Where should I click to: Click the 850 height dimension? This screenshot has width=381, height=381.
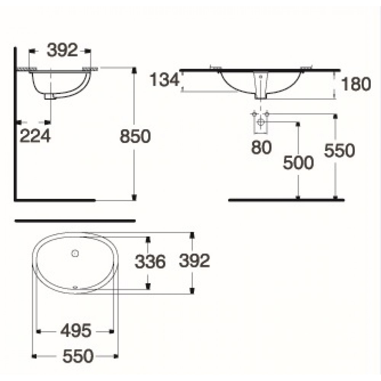pyautogui.click(x=135, y=136)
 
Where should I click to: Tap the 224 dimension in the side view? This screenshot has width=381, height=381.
pyautogui.click(x=35, y=136)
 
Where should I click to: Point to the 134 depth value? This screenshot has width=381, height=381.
pyautogui.click(x=164, y=80)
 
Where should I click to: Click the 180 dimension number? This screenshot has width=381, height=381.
pyautogui.click(x=355, y=84)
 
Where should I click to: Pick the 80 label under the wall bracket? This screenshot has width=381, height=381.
pyautogui.click(x=261, y=147)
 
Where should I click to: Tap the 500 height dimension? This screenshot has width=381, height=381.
pyautogui.click(x=298, y=163)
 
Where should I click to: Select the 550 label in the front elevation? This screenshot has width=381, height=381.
pyautogui.click(x=339, y=151)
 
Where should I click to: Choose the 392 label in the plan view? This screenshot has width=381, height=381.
pyautogui.click(x=194, y=261)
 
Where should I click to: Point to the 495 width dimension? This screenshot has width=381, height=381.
pyautogui.click(x=76, y=331)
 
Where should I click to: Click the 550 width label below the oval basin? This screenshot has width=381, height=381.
pyautogui.click(x=78, y=357)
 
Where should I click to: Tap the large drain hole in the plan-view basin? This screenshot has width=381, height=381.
pyautogui.click(x=75, y=253)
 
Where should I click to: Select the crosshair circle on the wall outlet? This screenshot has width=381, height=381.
pyautogui.click(x=261, y=122)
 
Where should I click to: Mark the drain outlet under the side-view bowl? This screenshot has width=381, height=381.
pyautogui.click(x=50, y=97)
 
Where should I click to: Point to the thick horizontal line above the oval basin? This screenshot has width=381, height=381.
pyautogui.click(x=75, y=220)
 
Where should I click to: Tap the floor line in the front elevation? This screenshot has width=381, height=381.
pyautogui.click(x=286, y=200)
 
